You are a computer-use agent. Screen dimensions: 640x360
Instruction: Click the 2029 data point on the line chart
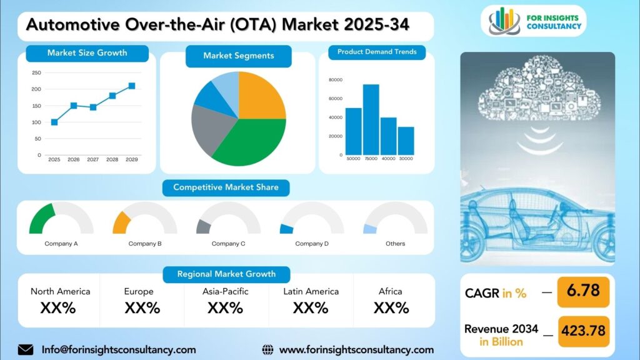click(132, 86)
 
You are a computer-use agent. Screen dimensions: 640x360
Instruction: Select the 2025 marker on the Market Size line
click(54, 122)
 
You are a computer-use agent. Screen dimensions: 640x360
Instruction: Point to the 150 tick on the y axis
click(36, 106)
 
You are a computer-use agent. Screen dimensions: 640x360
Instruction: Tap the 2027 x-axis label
click(92, 159)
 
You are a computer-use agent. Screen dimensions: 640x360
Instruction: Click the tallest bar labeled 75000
click(371, 119)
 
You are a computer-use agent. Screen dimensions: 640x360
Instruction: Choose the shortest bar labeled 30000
click(406, 141)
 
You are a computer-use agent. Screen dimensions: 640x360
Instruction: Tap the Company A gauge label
click(61, 244)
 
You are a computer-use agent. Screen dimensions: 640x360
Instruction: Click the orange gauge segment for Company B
click(121, 223)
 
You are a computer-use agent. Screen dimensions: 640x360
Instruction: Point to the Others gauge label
click(396, 244)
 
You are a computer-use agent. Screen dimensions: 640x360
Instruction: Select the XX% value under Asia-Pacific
click(225, 307)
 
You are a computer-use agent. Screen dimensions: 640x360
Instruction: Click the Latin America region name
click(311, 291)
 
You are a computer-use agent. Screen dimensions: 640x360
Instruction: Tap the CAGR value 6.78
click(583, 291)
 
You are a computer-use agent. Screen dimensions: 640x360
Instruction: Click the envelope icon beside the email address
click(25, 350)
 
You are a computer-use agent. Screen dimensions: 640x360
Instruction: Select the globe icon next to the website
click(267, 350)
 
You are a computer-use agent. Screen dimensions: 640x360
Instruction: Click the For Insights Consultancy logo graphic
click(504, 21)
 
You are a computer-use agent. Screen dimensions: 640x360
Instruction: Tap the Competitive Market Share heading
click(226, 187)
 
